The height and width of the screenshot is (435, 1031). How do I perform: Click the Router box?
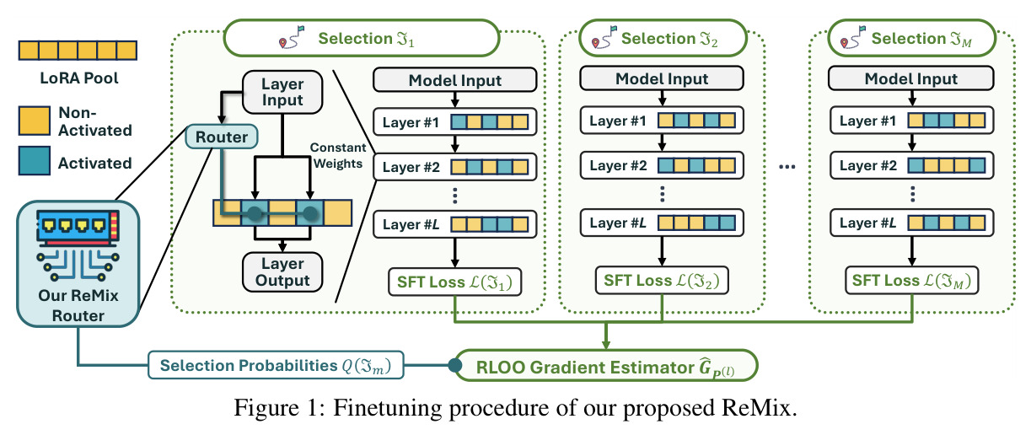222,137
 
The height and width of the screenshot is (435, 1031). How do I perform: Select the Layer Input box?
282,92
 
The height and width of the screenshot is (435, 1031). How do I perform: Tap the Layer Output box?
282,272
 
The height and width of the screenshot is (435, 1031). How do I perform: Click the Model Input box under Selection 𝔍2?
662,78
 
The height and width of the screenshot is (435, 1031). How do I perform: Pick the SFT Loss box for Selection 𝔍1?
454,282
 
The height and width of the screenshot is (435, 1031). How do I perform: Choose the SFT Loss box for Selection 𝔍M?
911,281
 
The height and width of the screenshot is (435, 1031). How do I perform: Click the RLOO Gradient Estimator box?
606,367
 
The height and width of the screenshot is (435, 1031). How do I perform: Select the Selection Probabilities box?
276,366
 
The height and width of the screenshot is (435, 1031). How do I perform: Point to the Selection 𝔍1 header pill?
362,38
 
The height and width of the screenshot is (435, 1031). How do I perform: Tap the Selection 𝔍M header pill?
911,38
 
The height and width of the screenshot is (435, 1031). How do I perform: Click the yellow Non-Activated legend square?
34,121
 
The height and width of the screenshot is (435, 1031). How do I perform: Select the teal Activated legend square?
34,161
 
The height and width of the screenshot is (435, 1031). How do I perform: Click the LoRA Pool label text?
78,78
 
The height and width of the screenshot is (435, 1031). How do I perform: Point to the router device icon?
78,245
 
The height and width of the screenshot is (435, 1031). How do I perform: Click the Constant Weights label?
338,156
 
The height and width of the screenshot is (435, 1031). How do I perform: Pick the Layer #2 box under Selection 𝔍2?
662,165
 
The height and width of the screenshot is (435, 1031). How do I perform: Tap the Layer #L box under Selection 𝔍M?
911,223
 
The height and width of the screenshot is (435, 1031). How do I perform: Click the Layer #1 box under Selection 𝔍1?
454,122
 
